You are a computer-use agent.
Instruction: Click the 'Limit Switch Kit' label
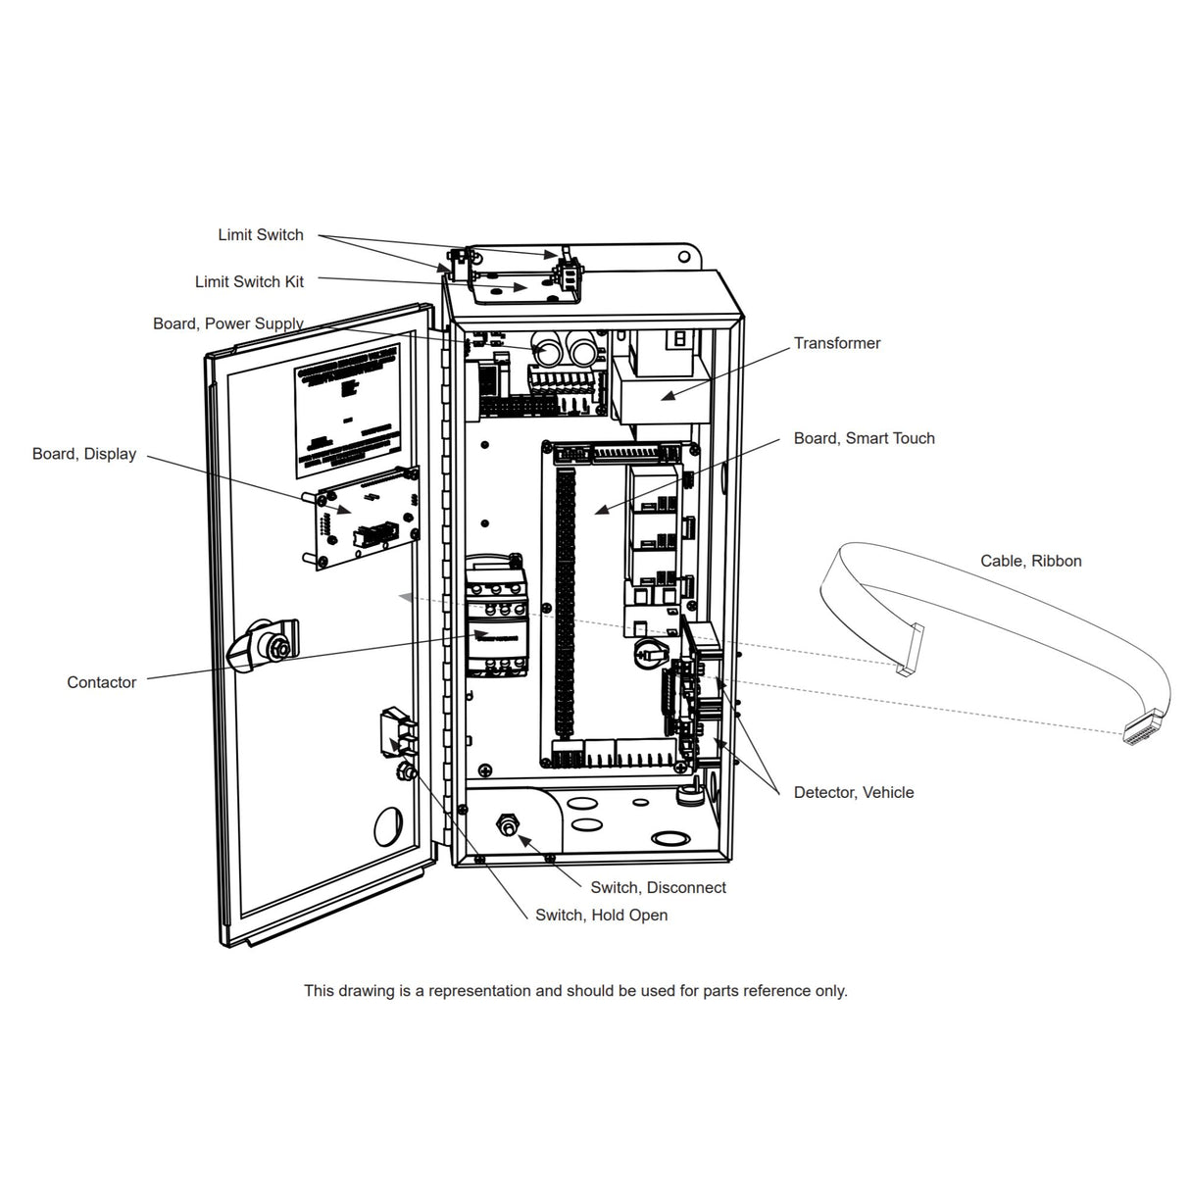tap(249, 281)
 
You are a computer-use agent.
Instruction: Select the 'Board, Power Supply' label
tap(227, 323)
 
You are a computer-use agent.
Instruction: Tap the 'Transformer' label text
tap(836, 343)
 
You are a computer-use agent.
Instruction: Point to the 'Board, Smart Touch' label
tap(864, 438)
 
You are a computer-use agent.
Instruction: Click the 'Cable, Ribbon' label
tap(1030, 561)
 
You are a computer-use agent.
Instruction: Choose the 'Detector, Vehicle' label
tap(853, 792)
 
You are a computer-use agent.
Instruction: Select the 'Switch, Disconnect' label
tap(658, 887)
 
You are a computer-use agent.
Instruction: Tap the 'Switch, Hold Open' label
tap(601, 915)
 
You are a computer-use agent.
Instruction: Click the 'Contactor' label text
tap(101, 682)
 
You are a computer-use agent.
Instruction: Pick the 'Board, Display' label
tap(84, 454)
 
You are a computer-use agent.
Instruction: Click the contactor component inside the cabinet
tap(495, 618)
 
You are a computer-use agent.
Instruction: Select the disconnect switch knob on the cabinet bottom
tap(508, 826)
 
